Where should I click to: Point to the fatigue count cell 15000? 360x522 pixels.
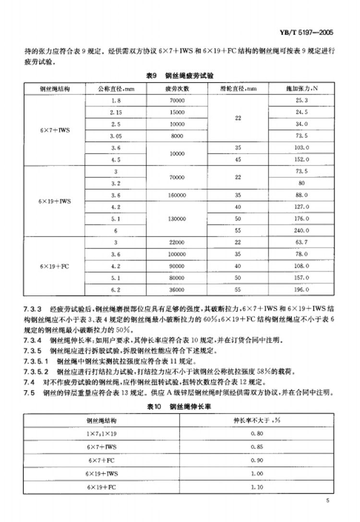177,112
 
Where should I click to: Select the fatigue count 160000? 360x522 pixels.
177,195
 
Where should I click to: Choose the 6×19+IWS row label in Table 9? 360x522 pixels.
55,201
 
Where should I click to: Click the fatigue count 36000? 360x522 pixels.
177,290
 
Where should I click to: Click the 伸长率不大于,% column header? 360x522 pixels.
257,421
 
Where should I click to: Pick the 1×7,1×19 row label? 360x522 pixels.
101,434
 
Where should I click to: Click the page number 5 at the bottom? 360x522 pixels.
327,501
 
